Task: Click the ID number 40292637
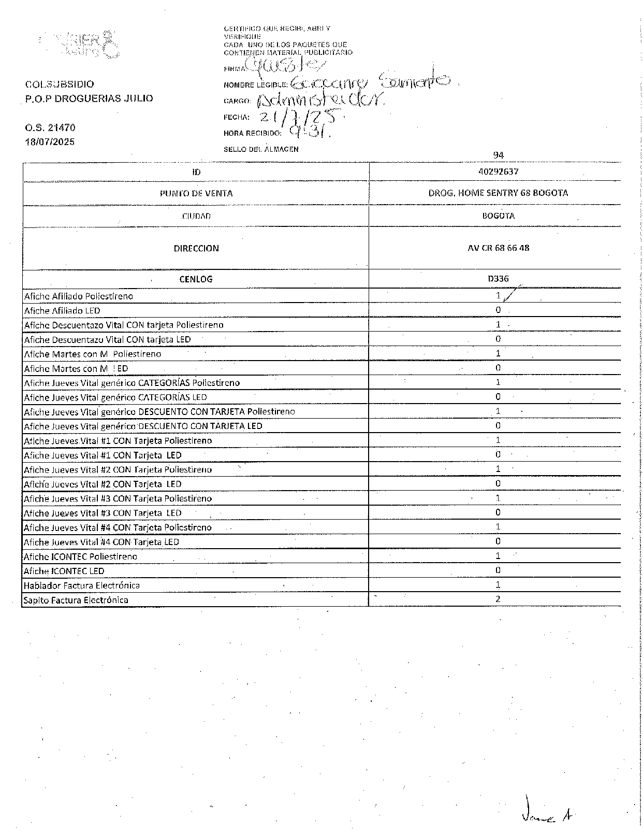click(x=498, y=171)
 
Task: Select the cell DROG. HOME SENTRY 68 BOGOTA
click(x=498, y=193)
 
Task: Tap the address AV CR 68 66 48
click(x=498, y=248)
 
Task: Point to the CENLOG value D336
click(x=498, y=279)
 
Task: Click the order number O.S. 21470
click(x=50, y=127)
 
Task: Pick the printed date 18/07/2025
click(x=50, y=141)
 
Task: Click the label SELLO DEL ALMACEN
click(x=261, y=149)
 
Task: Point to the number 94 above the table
click(x=498, y=155)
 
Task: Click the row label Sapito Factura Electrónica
click(x=76, y=600)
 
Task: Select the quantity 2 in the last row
click(x=498, y=599)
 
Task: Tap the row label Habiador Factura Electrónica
click(x=82, y=585)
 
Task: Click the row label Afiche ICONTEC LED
click(x=64, y=571)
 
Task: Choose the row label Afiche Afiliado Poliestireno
click(x=79, y=296)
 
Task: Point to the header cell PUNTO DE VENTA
click(x=196, y=193)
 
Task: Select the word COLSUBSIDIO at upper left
click(x=60, y=84)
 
